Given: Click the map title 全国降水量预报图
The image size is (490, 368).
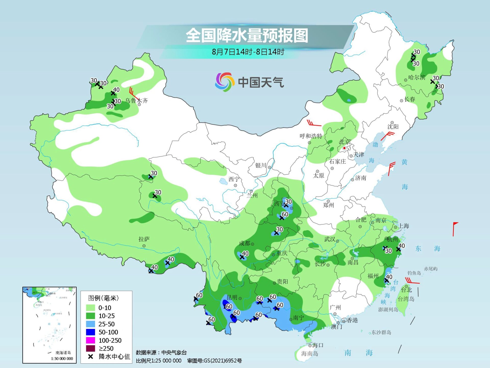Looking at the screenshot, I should (247, 36).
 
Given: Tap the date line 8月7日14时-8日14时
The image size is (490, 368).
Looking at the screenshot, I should (248, 52).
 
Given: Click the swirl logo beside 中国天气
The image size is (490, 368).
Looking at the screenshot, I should (224, 82).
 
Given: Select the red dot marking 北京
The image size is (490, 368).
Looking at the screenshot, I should (344, 148).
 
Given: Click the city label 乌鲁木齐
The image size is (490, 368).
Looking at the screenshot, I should (136, 100).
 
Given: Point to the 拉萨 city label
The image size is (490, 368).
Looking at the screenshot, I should (144, 239).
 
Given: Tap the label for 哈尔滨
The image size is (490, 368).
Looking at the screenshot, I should (417, 77).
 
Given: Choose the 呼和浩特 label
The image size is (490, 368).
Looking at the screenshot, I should (311, 136).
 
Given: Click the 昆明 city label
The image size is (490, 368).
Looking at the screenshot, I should (232, 297).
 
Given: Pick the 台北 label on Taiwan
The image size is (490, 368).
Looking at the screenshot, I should (406, 290).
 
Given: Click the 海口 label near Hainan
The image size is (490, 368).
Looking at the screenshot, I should (318, 345).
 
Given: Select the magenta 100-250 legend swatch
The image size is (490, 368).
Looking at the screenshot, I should (91, 340).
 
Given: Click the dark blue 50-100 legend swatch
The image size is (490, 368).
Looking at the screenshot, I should (91, 332).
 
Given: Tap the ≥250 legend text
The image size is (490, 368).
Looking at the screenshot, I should (106, 348).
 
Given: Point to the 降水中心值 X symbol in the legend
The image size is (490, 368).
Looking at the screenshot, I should (90, 356).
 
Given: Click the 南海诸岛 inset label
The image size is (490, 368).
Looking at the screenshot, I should (63, 353).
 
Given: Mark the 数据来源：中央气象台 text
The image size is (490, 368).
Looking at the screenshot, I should (161, 353).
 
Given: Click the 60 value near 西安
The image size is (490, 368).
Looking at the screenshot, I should (285, 214).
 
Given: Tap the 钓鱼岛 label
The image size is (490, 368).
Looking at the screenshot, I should (414, 273).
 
